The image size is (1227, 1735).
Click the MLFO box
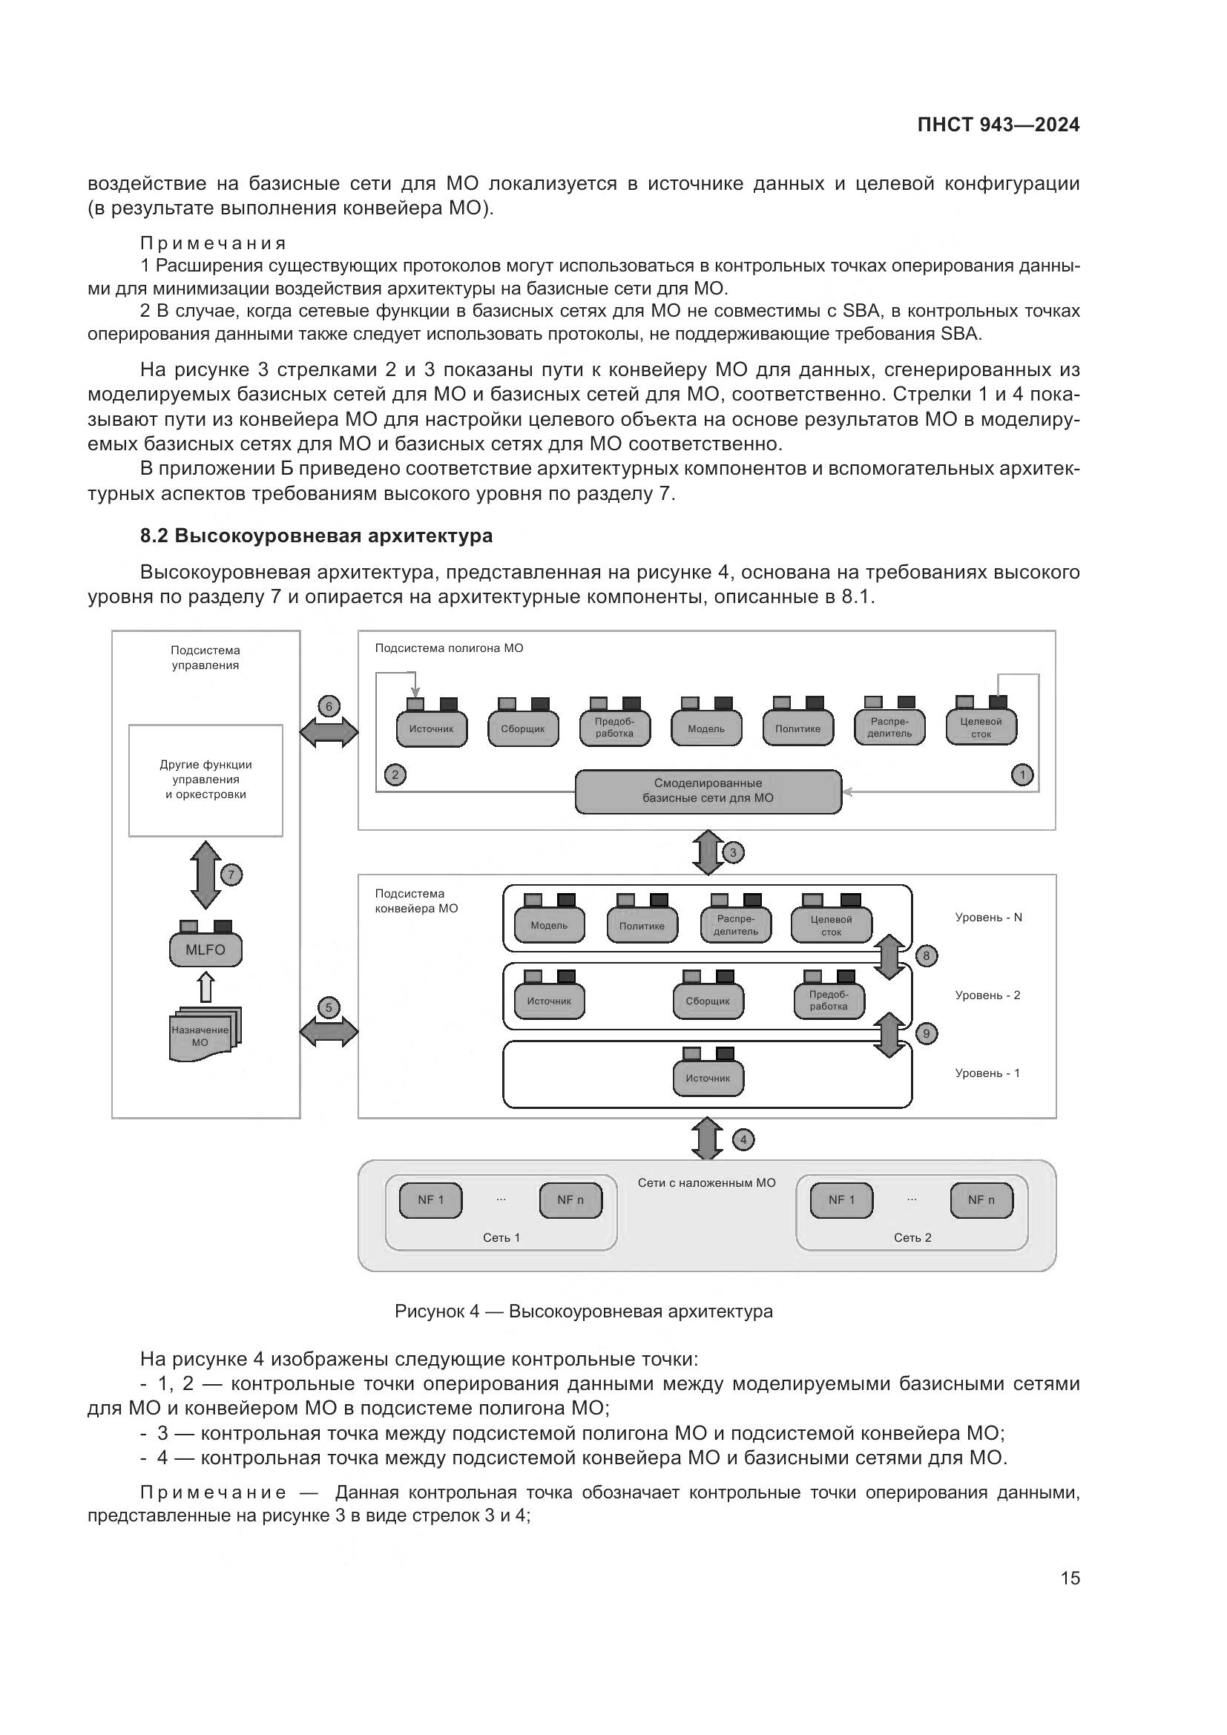coord(205,950)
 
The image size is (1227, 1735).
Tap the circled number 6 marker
coord(329,708)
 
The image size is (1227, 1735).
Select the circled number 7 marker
coord(231,875)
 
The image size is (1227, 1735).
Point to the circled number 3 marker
coord(733,853)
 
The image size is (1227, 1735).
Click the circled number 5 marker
coord(329,1007)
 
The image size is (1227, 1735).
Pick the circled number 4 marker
coord(743,1139)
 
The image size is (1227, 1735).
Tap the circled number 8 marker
coord(927,956)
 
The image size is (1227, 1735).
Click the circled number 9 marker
coord(927,1033)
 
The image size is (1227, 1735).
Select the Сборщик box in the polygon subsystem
coord(523,729)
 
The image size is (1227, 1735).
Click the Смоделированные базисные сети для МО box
coord(708,791)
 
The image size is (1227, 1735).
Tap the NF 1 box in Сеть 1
coord(431,1200)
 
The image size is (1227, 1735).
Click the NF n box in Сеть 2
coord(981,1200)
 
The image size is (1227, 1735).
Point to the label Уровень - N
coord(988,918)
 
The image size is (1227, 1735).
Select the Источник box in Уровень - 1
coord(708,1079)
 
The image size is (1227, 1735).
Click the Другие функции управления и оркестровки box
coord(205,780)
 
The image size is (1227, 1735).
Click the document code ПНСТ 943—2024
coord(998,125)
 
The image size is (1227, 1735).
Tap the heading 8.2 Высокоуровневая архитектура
coord(316,536)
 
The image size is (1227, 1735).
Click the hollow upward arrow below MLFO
coord(205,987)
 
